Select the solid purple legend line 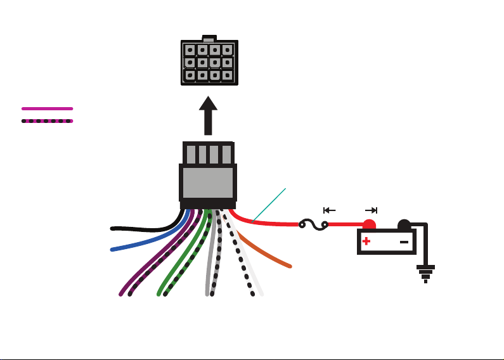pos(48,108)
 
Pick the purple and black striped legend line pos(48,120)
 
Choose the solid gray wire pos(209,266)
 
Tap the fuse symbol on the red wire pos(313,224)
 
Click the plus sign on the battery pos(366,241)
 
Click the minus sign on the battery pos(404,241)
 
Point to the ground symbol pos(425,274)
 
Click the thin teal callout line pos(269,204)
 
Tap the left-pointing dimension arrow pos(328,210)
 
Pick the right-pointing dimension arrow pos(372,210)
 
